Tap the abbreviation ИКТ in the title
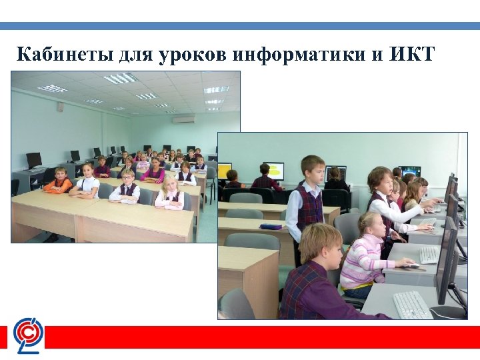(x=411, y=54)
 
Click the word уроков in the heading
(x=194, y=54)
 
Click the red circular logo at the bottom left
(x=29, y=333)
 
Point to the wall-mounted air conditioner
(x=183, y=119)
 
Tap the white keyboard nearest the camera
(x=412, y=304)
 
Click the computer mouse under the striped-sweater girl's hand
(x=413, y=267)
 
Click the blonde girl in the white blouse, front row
(x=169, y=193)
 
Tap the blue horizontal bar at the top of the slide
(x=240, y=26)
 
